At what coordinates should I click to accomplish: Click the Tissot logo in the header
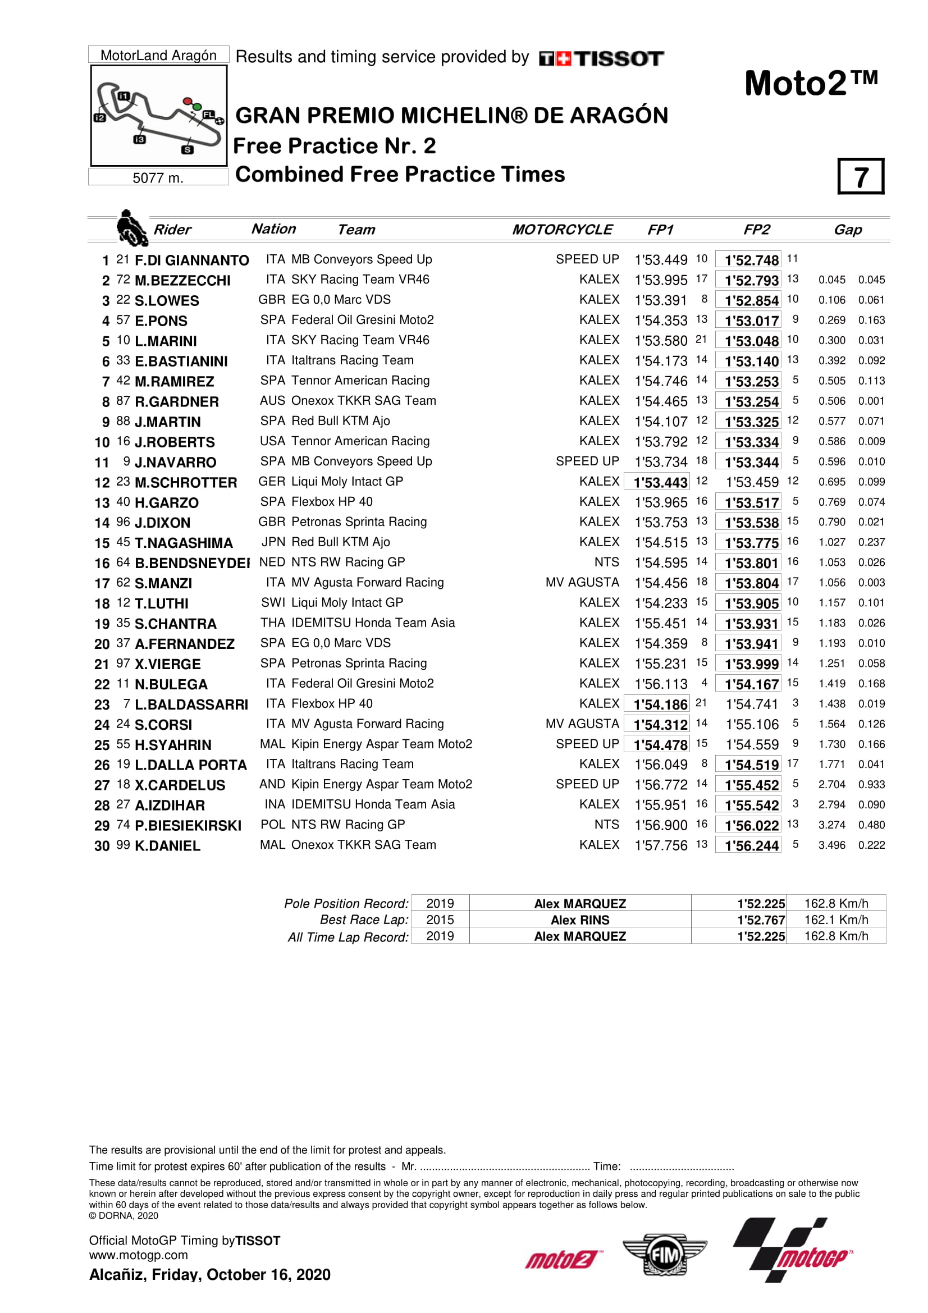coord(601,58)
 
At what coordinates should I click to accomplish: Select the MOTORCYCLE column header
coord(561,230)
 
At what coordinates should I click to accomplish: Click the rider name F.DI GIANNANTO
coord(191,260)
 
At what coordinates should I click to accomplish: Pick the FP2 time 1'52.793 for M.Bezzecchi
coord(751,281)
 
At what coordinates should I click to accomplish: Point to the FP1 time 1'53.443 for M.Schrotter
coord(660,483)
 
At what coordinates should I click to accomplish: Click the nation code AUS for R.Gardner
coord(272,401)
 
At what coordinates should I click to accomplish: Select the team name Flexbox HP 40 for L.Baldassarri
coord(332,704)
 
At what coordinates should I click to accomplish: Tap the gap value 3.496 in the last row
coord(831,845)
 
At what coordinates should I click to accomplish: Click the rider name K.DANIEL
coord(167,846)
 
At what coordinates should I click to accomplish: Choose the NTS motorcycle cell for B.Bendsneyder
coord(606,562)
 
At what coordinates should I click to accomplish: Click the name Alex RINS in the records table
coord(580,920)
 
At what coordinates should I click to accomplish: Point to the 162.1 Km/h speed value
coord(836,920)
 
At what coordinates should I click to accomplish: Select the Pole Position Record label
coord(346,904)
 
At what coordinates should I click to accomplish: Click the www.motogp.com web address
coord(138,1255)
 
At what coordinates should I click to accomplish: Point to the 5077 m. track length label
coord(158,178)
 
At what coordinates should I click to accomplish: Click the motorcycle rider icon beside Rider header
coord(131,227)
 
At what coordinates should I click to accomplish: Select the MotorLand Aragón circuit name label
coord(158,56)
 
